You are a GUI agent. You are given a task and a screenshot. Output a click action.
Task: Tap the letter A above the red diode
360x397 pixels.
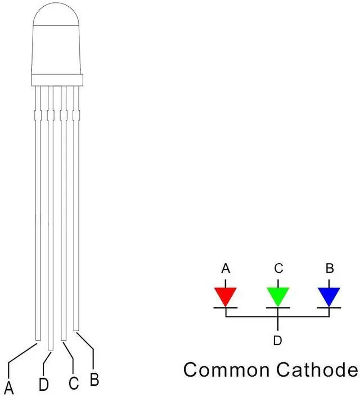click(226, 268)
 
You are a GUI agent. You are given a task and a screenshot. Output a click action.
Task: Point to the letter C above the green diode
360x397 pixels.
click(278, 268)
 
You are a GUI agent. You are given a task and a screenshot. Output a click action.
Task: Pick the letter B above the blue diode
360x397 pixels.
click(329, 268)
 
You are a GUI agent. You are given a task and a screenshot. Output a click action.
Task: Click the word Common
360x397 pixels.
click(227, 370)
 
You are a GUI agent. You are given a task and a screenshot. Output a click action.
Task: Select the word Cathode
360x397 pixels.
click(316, 370)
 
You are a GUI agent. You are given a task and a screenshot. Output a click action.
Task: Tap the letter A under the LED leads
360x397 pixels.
click(10, 387)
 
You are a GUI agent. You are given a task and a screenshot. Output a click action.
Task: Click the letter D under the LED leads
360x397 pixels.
click(43, 386)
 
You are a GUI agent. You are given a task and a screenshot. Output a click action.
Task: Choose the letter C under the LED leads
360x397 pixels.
click(73, 384)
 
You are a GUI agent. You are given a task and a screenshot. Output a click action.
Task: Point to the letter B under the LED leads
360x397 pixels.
click(94, 378)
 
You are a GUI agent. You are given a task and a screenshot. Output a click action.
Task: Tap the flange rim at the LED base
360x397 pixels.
click(57, 79)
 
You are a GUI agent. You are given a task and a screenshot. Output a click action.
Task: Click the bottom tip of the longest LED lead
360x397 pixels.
click(51, 349)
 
